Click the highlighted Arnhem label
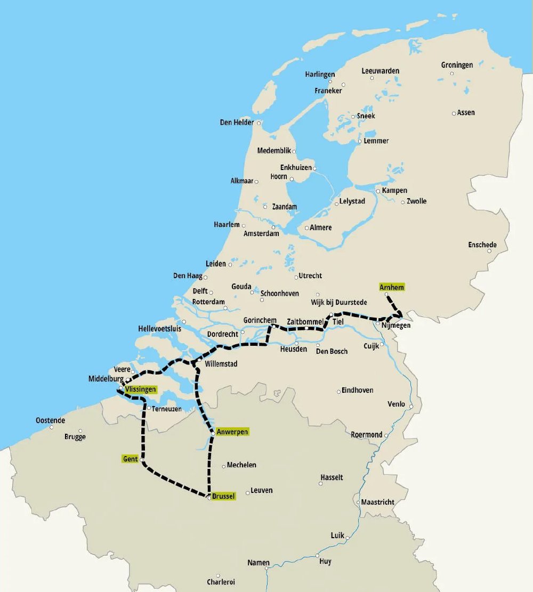tap(392, 287)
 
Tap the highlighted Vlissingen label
tap(141, 390)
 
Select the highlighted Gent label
tap(130, 459)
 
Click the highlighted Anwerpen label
tap(232, 432)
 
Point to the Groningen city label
tap(457, 65)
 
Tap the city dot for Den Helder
tap(260, 123)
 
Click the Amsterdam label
tap(261, 233)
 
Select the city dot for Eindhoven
tap(338, 392)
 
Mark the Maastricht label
tap(377, 502)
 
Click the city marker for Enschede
tap(489, 251)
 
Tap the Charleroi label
tap(221, 582)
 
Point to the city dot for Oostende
tap(52, 427)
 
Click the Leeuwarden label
tap(380, 71)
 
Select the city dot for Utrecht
tap(296, 277)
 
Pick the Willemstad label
tap(221, 364)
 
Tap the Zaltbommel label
tap(305, 322)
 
